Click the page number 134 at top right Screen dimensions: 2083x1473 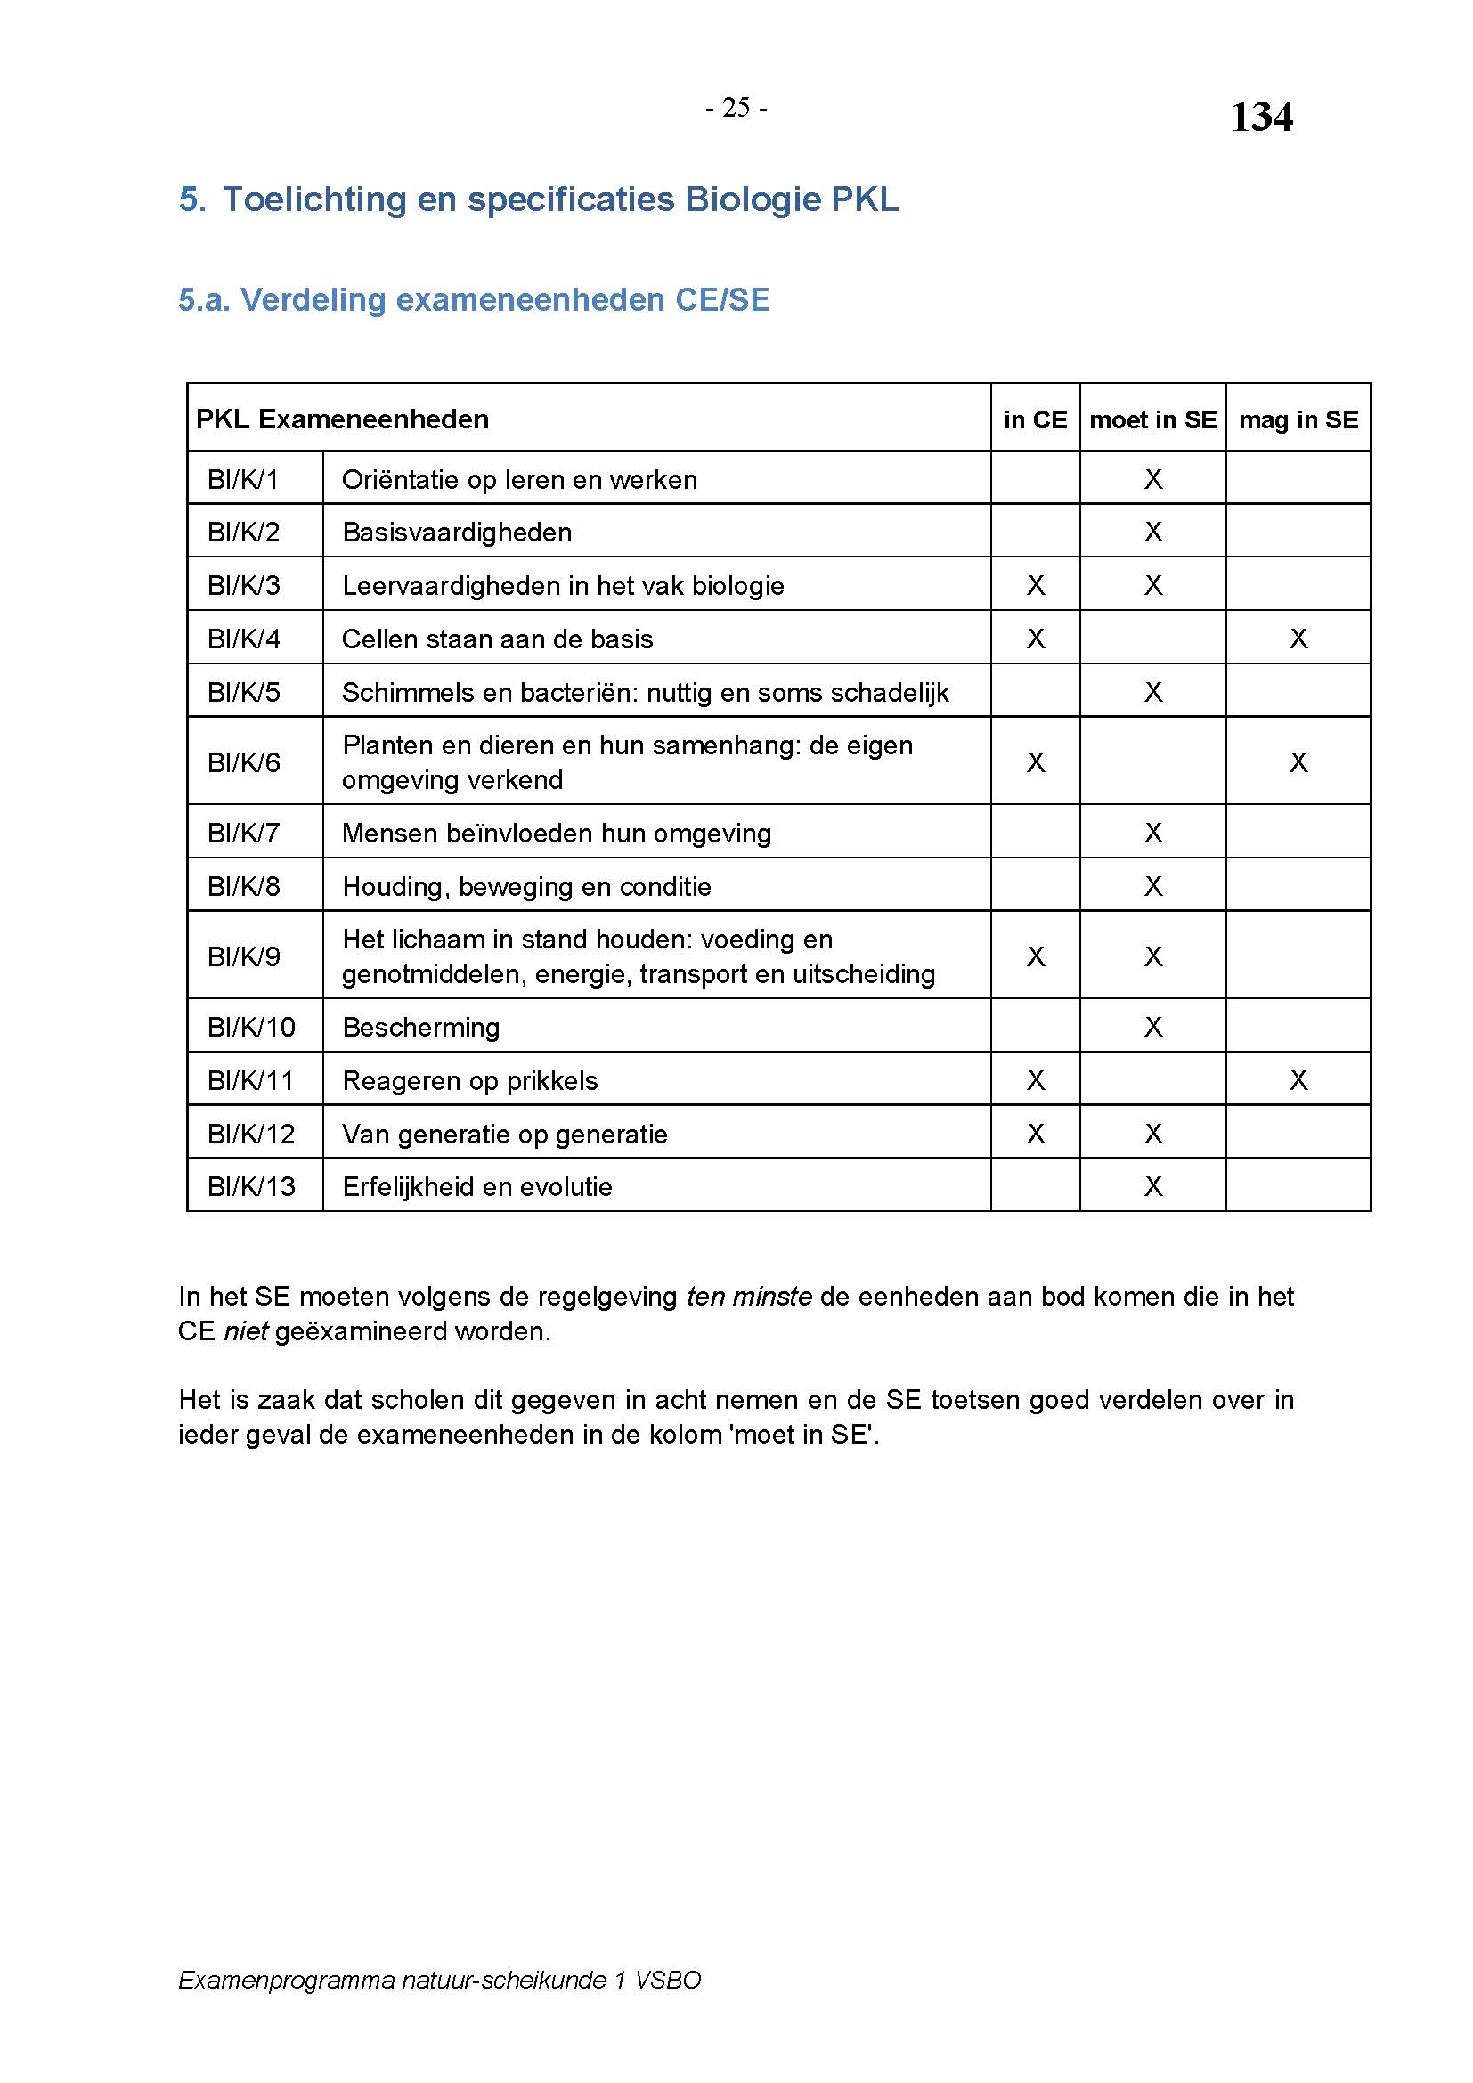coord(1261,117)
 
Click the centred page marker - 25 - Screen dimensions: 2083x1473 coord(736,108)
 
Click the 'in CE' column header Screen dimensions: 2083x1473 coord(1035,420)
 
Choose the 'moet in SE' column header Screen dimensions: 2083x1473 coord(1152,420)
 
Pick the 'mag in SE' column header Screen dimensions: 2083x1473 coord(1298,420)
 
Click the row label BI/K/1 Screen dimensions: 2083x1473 coord(243,479)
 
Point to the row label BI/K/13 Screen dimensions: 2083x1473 coord(251,1186)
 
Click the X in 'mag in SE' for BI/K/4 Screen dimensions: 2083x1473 coord(1298,639)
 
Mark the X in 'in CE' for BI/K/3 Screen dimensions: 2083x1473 coord(1035,586)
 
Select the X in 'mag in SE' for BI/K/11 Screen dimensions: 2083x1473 coord(1298,1080)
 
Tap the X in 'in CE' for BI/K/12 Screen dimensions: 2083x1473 coord(1035,1134)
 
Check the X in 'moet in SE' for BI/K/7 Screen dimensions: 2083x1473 coord(1152,833)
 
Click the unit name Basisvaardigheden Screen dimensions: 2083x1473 coord(457,533)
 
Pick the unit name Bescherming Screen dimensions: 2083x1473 coord(421,1028)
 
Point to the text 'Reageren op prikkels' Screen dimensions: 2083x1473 coord(470,1081)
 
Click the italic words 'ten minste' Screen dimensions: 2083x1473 coord(748,1297)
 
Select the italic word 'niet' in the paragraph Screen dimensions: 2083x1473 coord(245,1331)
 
